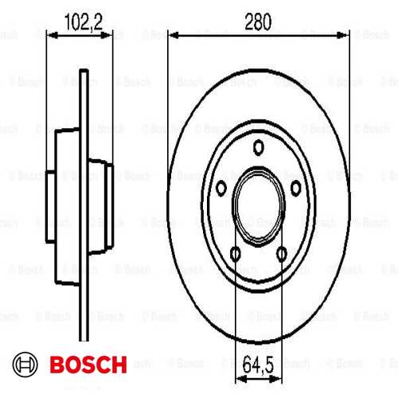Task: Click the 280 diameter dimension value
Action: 259,21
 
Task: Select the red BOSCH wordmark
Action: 88,365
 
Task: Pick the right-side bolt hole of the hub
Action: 296,186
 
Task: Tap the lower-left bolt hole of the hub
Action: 236,253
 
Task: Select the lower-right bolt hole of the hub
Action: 282,253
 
